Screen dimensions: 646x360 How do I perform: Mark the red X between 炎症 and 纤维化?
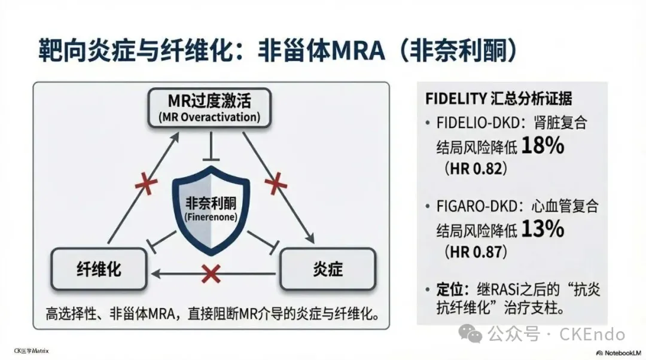211,273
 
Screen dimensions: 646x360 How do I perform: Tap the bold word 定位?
449,290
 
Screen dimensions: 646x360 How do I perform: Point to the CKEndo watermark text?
592,334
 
